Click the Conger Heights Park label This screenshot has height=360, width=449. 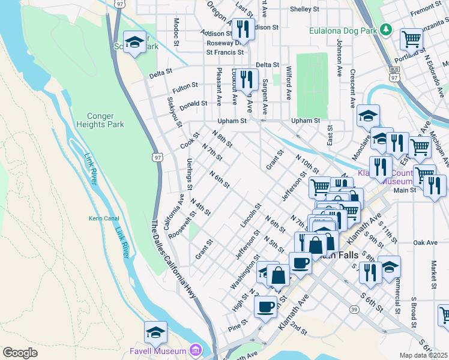[x=100, y=121]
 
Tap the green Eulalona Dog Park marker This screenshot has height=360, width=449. [x=387, y=29]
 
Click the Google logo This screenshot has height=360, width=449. [x=20, y=353]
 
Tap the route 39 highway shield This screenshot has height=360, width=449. [x=355, y=309]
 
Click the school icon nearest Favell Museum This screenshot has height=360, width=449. [x=155, y=332]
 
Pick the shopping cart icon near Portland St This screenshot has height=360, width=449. [x=411, y=39]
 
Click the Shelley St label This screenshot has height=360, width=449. [x=304, y=10]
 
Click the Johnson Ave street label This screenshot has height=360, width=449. [x=339, y=56]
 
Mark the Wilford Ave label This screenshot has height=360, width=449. [x=289, y=83]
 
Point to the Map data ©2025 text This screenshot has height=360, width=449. [x=423, y=355]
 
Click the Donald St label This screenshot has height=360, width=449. [x=193, y=103]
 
